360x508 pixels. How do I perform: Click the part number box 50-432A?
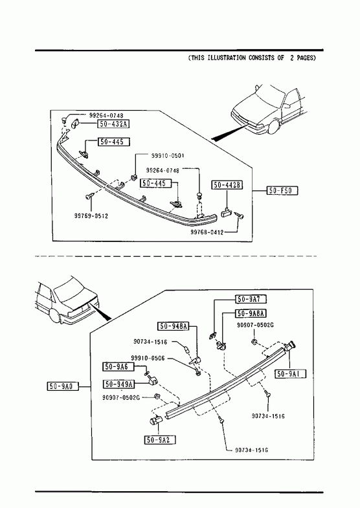point(113,124)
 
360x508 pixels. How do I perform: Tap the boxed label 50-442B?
point(227,185)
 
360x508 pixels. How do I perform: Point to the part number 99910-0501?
point(168,155)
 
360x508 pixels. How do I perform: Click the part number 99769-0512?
point(91,216)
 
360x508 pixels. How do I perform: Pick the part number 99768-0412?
point(207,232)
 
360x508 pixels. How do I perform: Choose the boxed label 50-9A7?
point(251,299)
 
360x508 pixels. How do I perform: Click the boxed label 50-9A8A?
point(251,313)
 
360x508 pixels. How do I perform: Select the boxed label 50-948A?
point(174,326)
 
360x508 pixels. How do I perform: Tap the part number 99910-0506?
point(148,358)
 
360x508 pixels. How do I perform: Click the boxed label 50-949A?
point(118,384)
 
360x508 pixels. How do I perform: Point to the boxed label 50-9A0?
point(63,386)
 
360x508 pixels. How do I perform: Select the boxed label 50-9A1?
point(290,374)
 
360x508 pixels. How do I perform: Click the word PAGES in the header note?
point(305,58)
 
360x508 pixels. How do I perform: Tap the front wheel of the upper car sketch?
point(273,127)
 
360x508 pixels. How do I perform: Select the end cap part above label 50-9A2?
point(155,420)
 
